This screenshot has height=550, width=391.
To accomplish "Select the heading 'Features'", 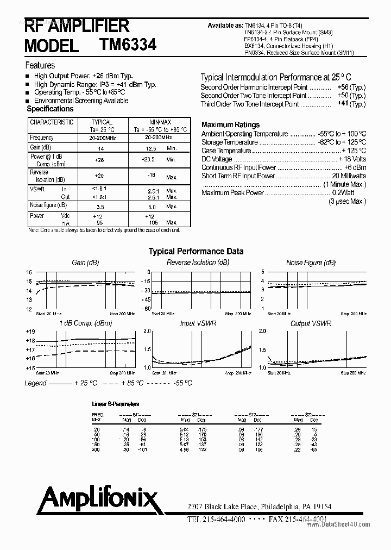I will coord(40,65).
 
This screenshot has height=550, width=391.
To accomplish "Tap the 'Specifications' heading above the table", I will coord(50,109).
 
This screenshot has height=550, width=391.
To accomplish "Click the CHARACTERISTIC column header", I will coord(51,122).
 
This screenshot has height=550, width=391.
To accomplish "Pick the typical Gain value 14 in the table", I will coord(100,148).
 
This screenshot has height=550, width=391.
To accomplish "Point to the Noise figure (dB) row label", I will coord(48,205).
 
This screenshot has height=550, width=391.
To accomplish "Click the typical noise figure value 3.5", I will coord(100,207).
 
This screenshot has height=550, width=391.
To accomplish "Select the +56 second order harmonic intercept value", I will coord(343,87).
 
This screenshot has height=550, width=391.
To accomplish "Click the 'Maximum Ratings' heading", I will coord(230,124).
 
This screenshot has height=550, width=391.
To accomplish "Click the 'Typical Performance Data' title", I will coord(196,251).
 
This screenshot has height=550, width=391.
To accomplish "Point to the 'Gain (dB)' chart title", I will coord(85,262).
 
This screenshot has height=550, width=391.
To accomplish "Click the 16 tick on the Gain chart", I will coord(29,272).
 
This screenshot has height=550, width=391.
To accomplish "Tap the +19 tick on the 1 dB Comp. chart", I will coord(30,332).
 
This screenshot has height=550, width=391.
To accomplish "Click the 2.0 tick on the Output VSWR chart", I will coord(263,331).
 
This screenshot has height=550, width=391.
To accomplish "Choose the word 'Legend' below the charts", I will coord(35,383).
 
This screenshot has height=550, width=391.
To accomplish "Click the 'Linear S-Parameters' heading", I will coord(115,404).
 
